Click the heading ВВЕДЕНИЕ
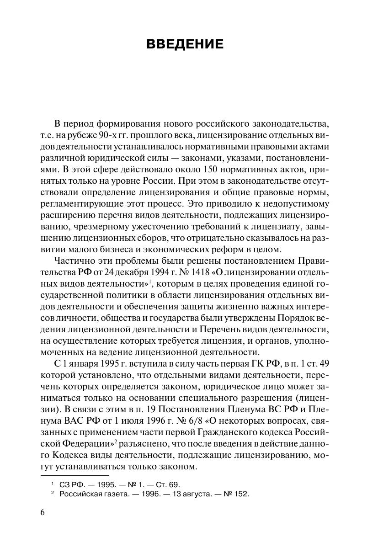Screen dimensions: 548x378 pyautogui.click(x=185, y=44)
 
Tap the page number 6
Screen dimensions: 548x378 pyautogui.click(x=43, y=512)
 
